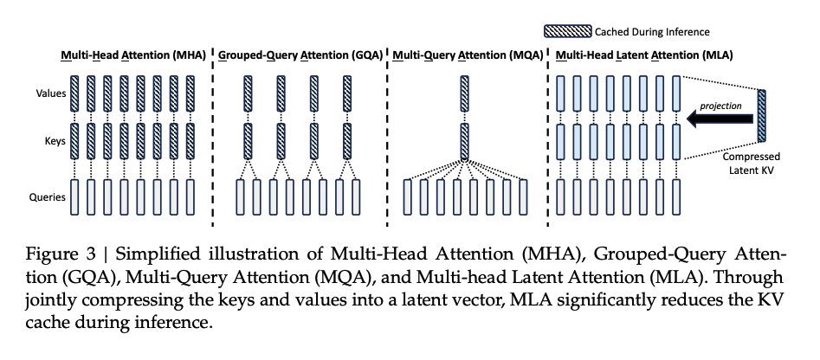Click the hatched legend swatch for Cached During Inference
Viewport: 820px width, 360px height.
567,31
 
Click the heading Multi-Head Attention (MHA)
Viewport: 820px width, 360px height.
133,55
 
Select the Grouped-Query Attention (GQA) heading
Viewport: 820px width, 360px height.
300,55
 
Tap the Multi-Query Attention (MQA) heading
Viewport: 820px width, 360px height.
468,55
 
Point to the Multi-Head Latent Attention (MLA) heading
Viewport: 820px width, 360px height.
643,55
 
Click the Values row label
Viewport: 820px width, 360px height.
51,93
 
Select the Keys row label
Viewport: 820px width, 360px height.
55,141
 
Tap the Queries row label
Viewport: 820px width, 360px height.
47,197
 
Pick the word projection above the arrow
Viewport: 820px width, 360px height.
720,106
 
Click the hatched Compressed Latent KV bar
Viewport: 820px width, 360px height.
761,115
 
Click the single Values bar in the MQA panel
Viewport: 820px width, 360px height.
464,93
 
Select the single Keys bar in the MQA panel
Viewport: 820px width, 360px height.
464,141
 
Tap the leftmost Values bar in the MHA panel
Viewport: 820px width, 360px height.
74,93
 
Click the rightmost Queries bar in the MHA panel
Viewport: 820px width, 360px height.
190,197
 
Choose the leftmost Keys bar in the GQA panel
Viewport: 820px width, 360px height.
248,141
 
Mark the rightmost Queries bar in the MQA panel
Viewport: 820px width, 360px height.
523,197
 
